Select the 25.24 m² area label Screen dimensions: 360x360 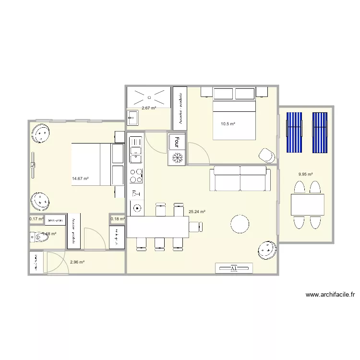click(197, 212)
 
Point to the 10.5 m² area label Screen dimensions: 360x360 click(228, 124)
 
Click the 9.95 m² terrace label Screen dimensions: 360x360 click(305, 174)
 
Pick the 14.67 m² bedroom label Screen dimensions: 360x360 click(80, 179)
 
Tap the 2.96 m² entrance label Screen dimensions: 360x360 click(77, 262)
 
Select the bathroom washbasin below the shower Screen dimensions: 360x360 click(133, 117)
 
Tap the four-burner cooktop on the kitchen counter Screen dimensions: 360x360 click(136, 176)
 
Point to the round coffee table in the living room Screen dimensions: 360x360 click(240, 224)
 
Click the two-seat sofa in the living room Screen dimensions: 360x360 click(240, 178)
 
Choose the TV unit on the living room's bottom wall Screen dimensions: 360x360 click(234, 268)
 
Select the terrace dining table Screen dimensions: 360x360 click(307, 205)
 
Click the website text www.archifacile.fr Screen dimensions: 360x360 click(330, 295)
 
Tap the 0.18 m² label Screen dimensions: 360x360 click(118, 219)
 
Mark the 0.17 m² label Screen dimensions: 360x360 click(36, 219)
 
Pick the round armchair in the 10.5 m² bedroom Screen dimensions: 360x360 click(266, 154)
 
